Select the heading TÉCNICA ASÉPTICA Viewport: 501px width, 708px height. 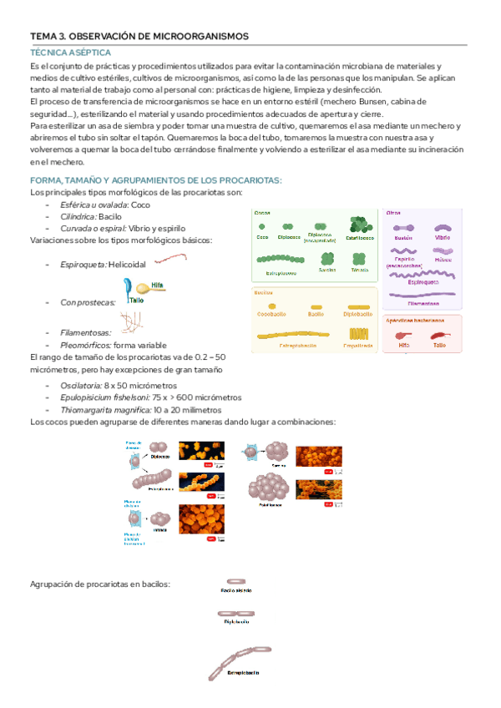(63, 52)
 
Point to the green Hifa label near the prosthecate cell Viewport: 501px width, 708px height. (158, 285)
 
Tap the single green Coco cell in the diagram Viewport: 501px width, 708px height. (263, 226)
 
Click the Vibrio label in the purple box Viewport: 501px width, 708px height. (442, 238)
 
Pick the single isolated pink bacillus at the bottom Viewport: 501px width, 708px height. (236, 581)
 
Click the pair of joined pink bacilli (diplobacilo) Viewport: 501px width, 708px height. (236, 614)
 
